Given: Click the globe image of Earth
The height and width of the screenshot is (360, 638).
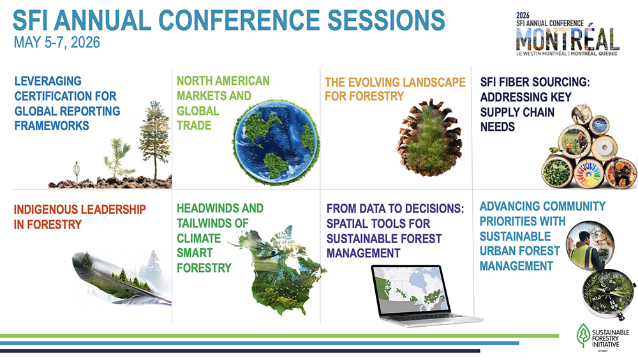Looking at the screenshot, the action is [276, 142].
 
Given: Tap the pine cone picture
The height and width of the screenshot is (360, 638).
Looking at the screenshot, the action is [429, 137].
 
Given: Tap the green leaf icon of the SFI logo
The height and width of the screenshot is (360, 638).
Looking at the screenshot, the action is [583, 336].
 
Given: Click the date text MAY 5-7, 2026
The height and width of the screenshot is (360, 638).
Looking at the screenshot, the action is [57, 43].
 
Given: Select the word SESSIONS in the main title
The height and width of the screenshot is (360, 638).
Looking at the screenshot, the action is [386, 20].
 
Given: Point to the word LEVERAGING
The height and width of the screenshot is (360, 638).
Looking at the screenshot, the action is [48, 81].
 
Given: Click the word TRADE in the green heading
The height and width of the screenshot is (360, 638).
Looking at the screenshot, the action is [194, 126].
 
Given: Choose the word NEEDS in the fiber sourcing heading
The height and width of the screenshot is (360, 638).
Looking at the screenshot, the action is [498, 127].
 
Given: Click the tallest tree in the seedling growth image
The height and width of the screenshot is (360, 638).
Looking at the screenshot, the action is [154, 139].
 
